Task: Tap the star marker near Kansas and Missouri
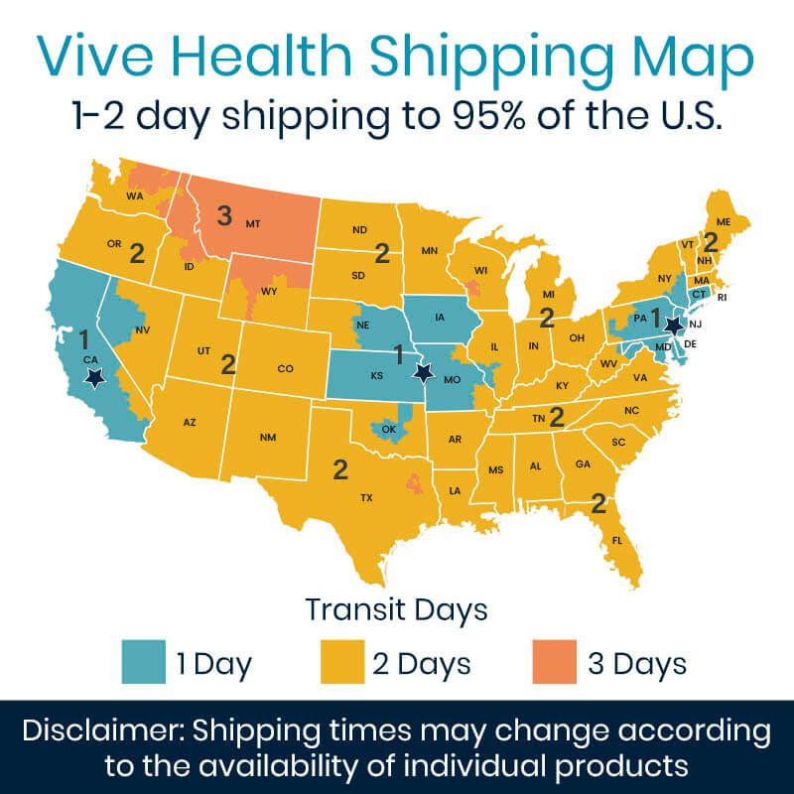424,373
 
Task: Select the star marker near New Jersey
674,325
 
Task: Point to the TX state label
365,497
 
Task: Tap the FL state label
616,541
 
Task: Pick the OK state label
389,430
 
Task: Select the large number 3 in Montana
224,213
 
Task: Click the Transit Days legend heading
396,607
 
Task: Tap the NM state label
267,437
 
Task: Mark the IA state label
438,319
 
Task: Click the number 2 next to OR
137,252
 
